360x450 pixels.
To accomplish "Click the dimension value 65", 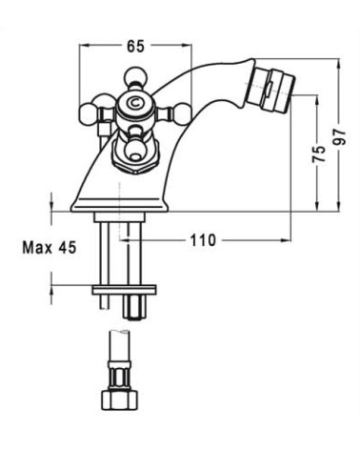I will pyautogui.click(x=136, y=44).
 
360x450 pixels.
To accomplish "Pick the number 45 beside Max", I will pyautogui.click(x=65, y=248).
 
